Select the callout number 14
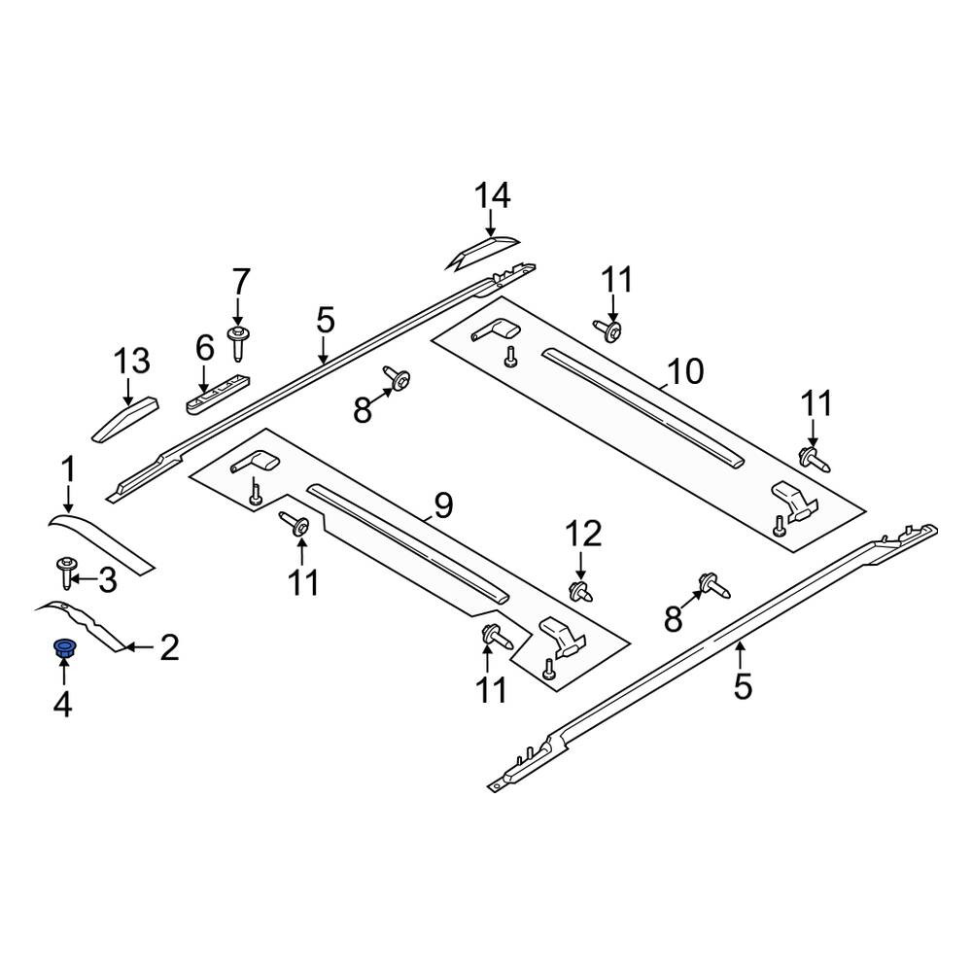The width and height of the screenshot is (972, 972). [x=492, y=195]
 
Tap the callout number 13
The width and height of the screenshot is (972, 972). [x=131, y=361]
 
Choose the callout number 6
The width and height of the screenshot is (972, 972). [x=204, y=348]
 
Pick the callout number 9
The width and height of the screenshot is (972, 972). [x=443, y=505]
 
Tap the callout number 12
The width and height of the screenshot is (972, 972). [x=583, y=534]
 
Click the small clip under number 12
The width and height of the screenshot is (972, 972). [x=581, y=591]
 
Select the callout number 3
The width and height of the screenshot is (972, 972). [x=108, y=580]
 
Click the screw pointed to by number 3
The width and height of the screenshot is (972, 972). [x=65, y=573]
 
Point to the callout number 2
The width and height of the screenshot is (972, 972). [x=169, y=647]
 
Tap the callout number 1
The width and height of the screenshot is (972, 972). [x=68, y=469]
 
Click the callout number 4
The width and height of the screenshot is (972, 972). [x=62, y=704]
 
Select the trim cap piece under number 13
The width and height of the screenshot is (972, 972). [x=125, y=420]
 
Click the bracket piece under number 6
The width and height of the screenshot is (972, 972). [x=217, y=393]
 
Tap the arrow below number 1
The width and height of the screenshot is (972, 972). [x=68, y=499]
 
